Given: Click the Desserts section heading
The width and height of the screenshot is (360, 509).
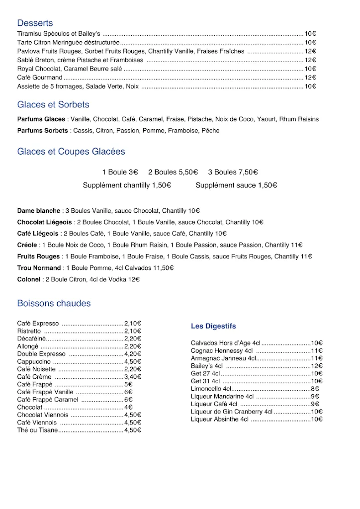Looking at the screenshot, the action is (35, 23).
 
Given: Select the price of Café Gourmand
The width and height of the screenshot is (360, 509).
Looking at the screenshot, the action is (310, 78).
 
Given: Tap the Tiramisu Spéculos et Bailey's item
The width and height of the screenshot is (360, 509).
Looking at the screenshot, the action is (59, 34).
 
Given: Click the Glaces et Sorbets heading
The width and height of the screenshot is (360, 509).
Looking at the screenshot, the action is (53, 105).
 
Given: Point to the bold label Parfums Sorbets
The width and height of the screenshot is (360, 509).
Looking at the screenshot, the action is (42, 131).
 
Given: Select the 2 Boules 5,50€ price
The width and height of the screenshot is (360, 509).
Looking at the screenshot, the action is (173, 172).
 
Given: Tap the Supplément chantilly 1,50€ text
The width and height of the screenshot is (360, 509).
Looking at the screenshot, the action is (127, 185).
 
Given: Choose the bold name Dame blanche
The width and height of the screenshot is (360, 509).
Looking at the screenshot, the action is (38, 211).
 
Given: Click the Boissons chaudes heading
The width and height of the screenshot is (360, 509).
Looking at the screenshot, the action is (54, 303).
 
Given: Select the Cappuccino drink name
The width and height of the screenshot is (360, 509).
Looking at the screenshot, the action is (34, 362).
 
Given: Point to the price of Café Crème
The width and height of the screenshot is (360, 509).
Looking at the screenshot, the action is (133, 377).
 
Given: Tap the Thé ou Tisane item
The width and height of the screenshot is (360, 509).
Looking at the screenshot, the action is (37, 430).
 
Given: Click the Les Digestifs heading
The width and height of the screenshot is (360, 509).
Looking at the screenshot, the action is (213, 326).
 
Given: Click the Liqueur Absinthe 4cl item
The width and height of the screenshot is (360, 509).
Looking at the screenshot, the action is (219, 420).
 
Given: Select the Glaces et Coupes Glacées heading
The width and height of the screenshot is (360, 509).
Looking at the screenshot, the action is (71, 152).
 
